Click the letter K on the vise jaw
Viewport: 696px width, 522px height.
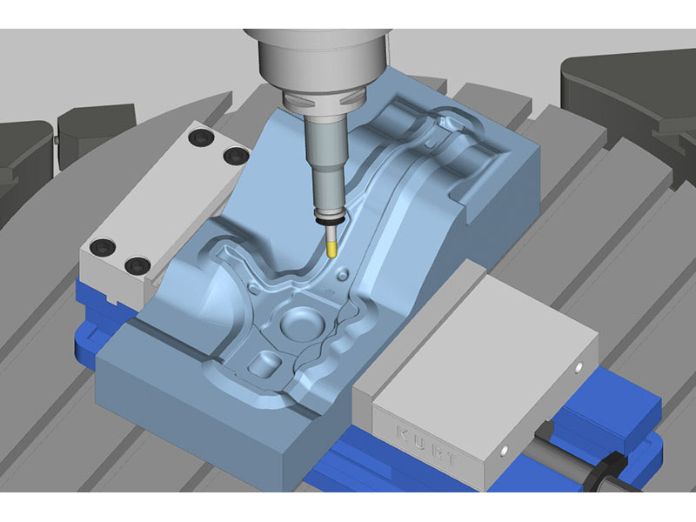tap(402, 432)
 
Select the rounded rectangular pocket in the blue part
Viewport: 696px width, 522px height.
tap(265, 364)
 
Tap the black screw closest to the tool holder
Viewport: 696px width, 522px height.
tap(236, 156)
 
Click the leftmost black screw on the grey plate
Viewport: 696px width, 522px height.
tap(103, 247)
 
